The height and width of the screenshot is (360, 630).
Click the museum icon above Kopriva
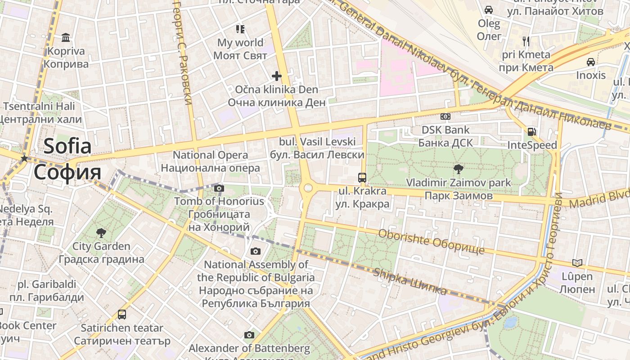click(66, 37)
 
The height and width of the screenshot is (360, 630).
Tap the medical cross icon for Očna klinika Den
click(277, 76)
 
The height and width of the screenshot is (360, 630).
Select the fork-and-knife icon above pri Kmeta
click(526, 41)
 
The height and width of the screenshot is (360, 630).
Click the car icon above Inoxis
click(591, 62)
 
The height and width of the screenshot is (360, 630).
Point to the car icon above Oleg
click(488, 9)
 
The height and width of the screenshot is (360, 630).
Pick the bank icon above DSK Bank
click(445, 117)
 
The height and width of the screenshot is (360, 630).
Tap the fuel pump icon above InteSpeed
click(532, 132)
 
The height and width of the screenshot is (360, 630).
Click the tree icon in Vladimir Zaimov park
click(458, 169)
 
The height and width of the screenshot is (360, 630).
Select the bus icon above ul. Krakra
click(362, 177)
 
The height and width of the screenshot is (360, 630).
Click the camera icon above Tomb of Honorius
click(219, 188)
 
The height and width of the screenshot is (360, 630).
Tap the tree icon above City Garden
click(101, 233)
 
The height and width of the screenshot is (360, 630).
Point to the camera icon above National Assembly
click(256, 251)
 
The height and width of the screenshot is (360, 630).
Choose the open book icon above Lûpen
click(577, 262)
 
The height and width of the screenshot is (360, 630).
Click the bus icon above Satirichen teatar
click(122, 314)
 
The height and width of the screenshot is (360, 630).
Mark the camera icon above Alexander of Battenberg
click(249, 335)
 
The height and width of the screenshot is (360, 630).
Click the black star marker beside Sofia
click(24, 158)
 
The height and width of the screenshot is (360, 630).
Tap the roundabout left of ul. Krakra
click(308, 188)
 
